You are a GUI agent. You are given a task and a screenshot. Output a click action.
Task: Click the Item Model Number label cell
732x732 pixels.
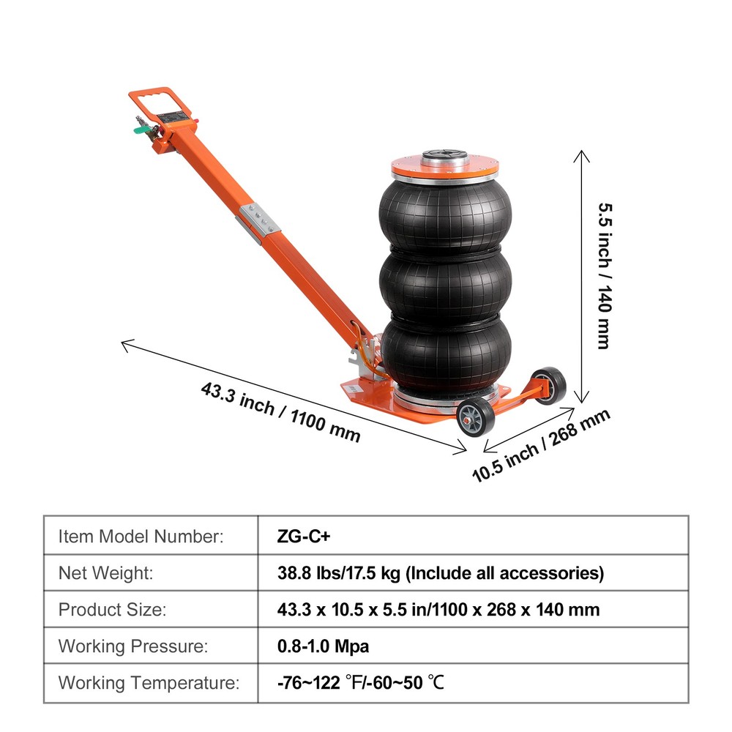(141, 536)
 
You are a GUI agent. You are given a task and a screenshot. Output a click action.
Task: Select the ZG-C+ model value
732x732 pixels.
(305, 536)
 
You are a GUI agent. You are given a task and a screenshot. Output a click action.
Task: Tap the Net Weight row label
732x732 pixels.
(106, 573)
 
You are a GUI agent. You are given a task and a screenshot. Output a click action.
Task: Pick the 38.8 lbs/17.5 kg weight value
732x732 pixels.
(441, 573)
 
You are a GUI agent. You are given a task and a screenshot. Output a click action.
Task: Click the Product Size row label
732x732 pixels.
(113, 610)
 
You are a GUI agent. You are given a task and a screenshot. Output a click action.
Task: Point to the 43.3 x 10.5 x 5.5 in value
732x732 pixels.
(438, 610)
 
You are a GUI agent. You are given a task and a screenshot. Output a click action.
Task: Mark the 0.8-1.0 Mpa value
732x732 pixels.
(324, 647)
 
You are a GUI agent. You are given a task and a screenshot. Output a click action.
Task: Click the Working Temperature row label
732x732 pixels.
(149, 684)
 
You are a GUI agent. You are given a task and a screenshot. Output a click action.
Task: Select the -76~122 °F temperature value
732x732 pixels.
(361, 684)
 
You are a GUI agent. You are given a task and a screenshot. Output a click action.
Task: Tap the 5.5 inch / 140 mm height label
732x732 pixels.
(605, 275)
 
